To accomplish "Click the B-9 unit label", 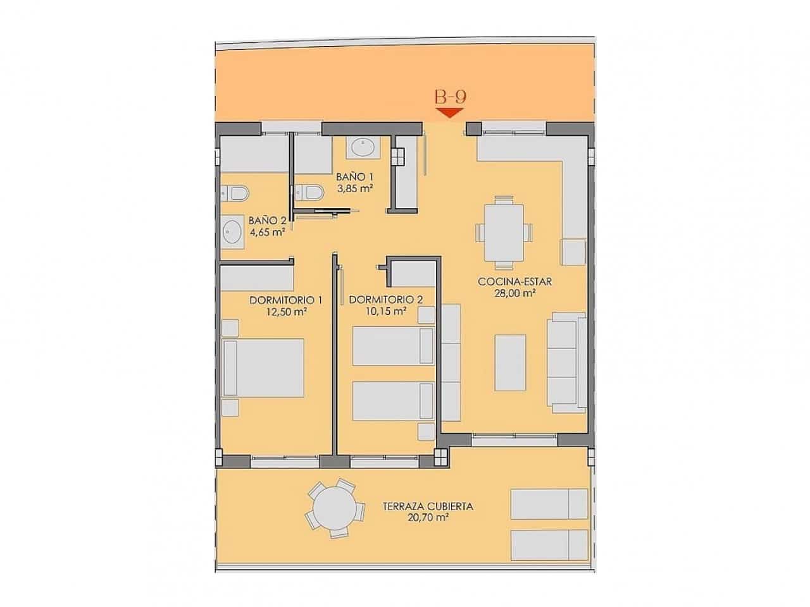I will [x=450, y=97].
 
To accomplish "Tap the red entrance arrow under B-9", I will [x=450, y=113].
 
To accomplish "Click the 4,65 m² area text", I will [x=266, y=231].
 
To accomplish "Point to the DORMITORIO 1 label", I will [x=286, y=300].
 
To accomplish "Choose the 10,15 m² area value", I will [x=385, y=310].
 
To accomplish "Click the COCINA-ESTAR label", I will [x=514, y=282].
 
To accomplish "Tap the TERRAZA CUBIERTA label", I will [x=428, y=506].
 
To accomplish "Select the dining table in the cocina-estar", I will [x=504, y=231].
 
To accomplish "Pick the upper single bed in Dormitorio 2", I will [x=392, y=346].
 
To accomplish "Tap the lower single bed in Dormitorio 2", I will [x=392, y=400].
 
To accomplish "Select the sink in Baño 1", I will [x=361, y=147].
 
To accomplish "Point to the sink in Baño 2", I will [x=232, y=231].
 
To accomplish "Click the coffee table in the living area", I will [x=510, y=362].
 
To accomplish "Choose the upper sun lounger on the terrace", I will [x=549, y=503].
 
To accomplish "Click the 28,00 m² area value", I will [x=514, y=293].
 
